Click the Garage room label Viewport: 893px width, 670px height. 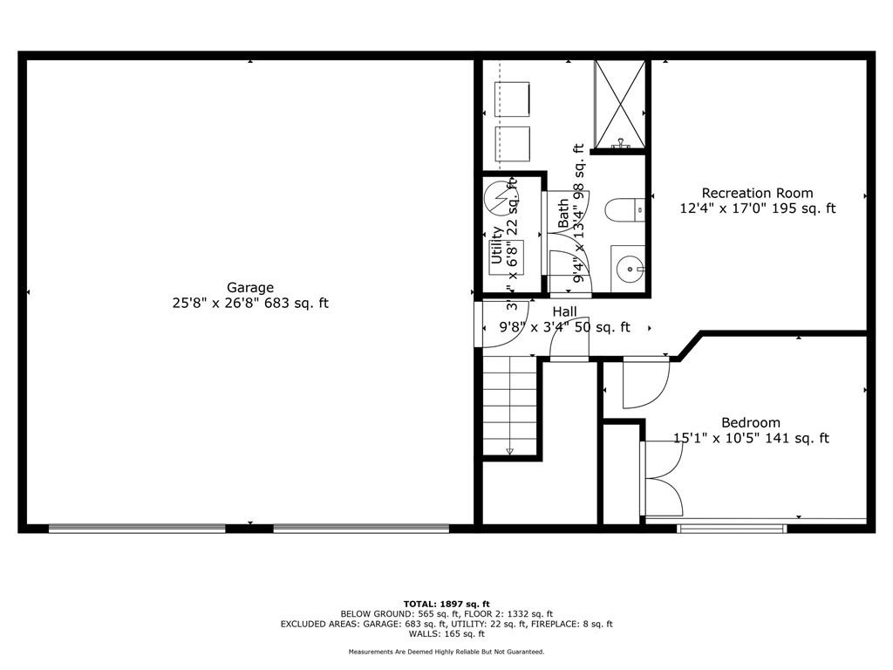(x=250, y=287)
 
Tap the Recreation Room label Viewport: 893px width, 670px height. (x=757, y=193)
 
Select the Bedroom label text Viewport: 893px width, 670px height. (x=750, y=423)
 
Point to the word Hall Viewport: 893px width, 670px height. (x=564, y=311)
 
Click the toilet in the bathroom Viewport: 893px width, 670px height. (x=624, y=209)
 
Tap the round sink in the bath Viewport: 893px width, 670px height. (x=627, y=269)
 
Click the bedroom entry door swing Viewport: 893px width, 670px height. (x=644, y=384)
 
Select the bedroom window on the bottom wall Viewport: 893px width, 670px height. (x=733, y=527)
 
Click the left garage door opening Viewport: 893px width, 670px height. (x=137, y=528)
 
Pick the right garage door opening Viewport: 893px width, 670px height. (x=361, y=528)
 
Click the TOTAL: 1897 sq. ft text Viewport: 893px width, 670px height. (x=446, y=604)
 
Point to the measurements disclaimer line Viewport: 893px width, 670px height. (x=446, y=652)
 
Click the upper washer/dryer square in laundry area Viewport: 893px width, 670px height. (x=513, y=99)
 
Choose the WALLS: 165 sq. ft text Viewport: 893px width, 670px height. (x=446, y=634)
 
